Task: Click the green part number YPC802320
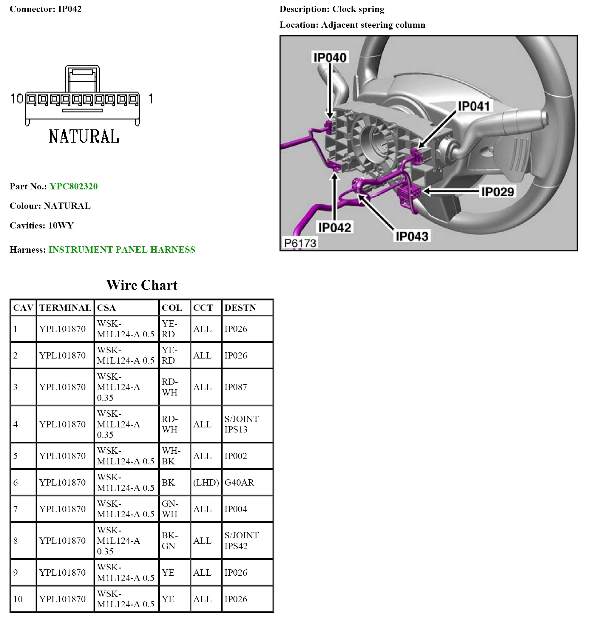[73, 186]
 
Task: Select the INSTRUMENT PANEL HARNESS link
[121, 249]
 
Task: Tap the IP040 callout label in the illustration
[330, 57]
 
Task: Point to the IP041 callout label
[473, 106]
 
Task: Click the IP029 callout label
[497, 192]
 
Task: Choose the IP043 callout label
[412, 236]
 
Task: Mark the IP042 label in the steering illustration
[334, 227]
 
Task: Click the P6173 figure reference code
[300, 243]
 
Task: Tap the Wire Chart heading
[142, 285]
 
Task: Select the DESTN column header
[240, 308]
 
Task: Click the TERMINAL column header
[65, 308]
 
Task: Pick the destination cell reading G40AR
[239, 482]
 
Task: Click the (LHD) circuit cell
[206, 482]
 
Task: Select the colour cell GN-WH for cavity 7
[170, 509]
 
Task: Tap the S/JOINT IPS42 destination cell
[241, 540]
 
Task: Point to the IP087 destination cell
[235, 387]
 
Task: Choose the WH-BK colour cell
[171, 456]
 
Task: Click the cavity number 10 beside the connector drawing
[17, 99]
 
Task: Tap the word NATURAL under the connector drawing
[84, 137]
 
